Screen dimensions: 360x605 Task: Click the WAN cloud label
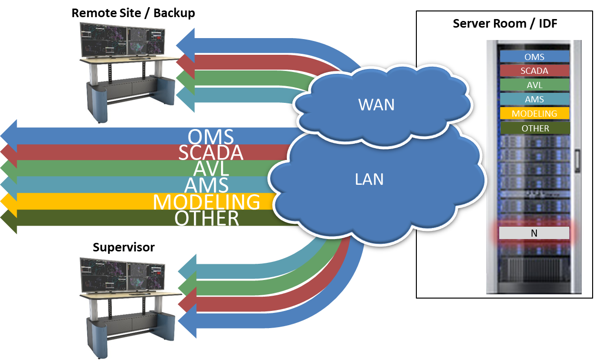click(376, 104)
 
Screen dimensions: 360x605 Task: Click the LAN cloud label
click(369, 179)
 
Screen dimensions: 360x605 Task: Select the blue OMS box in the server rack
click(534, 57)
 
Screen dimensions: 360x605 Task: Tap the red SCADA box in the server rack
click(534, 71)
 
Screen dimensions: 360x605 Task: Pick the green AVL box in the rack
click(534, 85)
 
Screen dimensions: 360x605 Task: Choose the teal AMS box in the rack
click(534, 100)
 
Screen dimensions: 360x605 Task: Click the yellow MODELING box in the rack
click(534, 114)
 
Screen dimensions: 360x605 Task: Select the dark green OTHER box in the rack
click(534, 128)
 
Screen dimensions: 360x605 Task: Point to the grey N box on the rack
click(534, 233)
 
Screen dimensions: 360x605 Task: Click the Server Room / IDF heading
click(504, 23)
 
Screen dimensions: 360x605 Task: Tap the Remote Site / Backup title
click(133, 13)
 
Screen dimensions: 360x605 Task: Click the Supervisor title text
click(124, 247)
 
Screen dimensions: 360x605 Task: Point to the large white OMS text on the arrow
click(211, 137)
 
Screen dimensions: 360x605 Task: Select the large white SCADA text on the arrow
click(211, 153)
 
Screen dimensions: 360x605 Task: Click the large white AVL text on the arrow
click(211, 169)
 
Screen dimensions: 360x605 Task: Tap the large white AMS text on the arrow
click(207, 185)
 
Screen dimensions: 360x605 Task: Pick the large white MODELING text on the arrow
click(206, 202)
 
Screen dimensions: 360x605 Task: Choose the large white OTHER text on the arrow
click(206, 218)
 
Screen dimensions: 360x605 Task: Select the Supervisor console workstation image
click(132, 307)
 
